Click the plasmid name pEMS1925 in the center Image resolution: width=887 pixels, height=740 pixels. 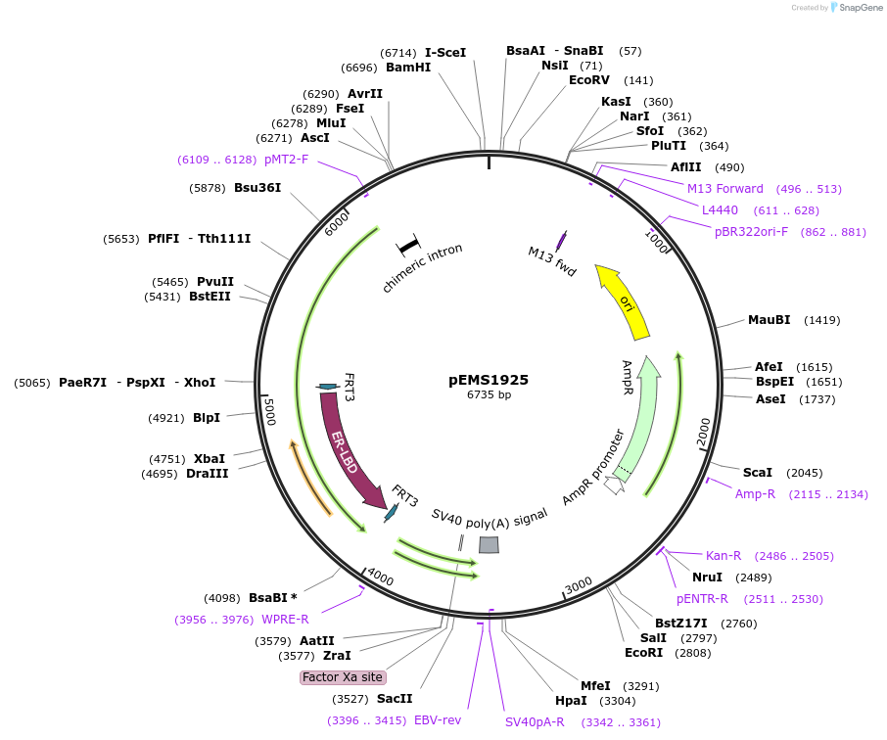[x=489, y=380]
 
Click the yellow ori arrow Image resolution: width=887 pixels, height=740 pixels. [x=625, y=303]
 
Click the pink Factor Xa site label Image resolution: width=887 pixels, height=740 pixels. [x=343, y=677]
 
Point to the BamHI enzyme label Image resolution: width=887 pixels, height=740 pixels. [x=408, y=68]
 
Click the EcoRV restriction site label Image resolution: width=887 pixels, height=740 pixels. [x=589, y=80]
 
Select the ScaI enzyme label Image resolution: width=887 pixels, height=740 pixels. [x=758, y=473]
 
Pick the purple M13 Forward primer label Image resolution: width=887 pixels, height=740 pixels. [x=725, y=189]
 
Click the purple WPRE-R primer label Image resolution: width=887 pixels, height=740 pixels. [x=285, y=620]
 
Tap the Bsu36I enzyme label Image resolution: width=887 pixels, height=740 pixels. [x=257, y=188]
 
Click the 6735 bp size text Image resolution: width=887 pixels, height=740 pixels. [x=489, y=395]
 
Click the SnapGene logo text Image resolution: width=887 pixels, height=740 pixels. [x=857, y=8]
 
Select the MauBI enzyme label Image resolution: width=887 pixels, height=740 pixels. [x=769, y=320]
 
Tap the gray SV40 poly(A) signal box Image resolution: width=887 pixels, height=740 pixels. [x=488, y=545]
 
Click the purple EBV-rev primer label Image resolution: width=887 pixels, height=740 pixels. [x=438, y=720]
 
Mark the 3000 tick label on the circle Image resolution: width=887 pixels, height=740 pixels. [x=579, y=584]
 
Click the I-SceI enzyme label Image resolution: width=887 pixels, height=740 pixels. [x=445, y=53]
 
